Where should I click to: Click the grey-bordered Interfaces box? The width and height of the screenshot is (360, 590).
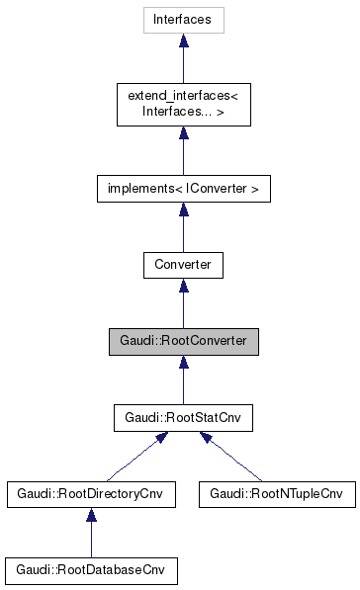pyautogui.click(x=183, y=19)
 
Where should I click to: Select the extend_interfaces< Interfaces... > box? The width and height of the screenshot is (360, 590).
pyautogui.click(x=183, y=104)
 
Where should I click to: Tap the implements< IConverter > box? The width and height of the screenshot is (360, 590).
pyautogui.click(x=183, y=187)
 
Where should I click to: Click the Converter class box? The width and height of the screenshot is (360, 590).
pyautogui.click(x=183, y=265)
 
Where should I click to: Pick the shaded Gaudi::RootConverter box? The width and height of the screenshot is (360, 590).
pyautogui.click(x=183, y=342)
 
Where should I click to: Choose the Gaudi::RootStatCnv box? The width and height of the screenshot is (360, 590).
pyautogui.click(x=183, y=418)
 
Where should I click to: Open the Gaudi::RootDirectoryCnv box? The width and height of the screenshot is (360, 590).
pyautogui.click(x=91, y=493)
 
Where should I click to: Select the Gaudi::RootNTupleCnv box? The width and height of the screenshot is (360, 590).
pyautogui.click(x=277, y=493)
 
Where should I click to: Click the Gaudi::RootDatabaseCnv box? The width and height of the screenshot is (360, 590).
pyautogui.click(x=91, y=570)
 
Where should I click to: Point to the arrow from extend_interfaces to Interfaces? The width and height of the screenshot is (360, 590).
pyautogui.click(x=183, y=61)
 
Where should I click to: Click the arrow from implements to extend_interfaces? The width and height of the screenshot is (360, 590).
pyautogui.click(x=183, y=148)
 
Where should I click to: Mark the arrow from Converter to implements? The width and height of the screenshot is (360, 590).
pyautogui.click(x=183, y=227)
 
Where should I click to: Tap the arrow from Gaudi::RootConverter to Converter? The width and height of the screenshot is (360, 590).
pyautogui.click(x=183, y=304)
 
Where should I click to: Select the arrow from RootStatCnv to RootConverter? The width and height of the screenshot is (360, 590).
pyautogui.click(x=183, y=380)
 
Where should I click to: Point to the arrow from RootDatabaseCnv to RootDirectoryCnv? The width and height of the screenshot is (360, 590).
pyautogui.click(x=91, y=534)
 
